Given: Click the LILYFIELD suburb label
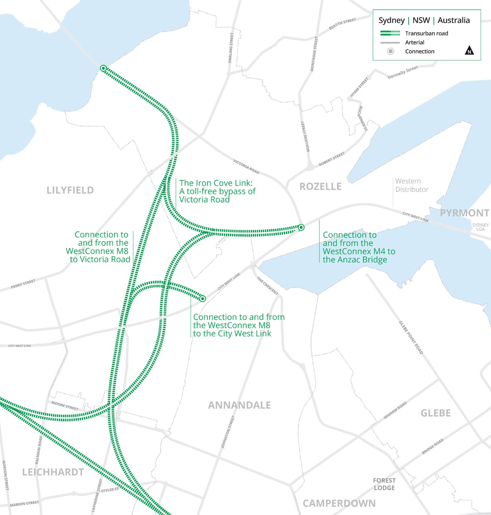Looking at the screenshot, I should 70,190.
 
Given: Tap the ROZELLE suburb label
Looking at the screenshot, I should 320,186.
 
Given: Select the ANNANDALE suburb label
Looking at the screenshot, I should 239,405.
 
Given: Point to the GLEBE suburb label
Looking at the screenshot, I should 435,413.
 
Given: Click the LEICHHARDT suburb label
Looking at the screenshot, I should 53,472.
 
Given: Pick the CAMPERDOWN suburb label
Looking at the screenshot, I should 339,503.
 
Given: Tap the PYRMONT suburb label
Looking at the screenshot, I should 464,213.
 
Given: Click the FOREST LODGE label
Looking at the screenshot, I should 384,484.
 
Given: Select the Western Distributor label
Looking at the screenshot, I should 412,185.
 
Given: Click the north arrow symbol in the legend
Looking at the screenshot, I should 469,50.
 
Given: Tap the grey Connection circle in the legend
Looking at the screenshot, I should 391,51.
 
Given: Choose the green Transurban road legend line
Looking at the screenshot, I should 390,33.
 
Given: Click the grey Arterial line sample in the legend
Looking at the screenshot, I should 390,42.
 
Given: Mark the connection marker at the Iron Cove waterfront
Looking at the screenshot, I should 103,68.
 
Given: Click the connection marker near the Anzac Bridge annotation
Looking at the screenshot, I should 301,227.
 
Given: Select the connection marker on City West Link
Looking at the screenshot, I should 202,298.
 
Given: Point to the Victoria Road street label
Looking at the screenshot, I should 246,166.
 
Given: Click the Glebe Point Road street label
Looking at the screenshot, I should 411,337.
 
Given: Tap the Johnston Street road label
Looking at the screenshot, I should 228,432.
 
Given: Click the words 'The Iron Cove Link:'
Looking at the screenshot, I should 216,183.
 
